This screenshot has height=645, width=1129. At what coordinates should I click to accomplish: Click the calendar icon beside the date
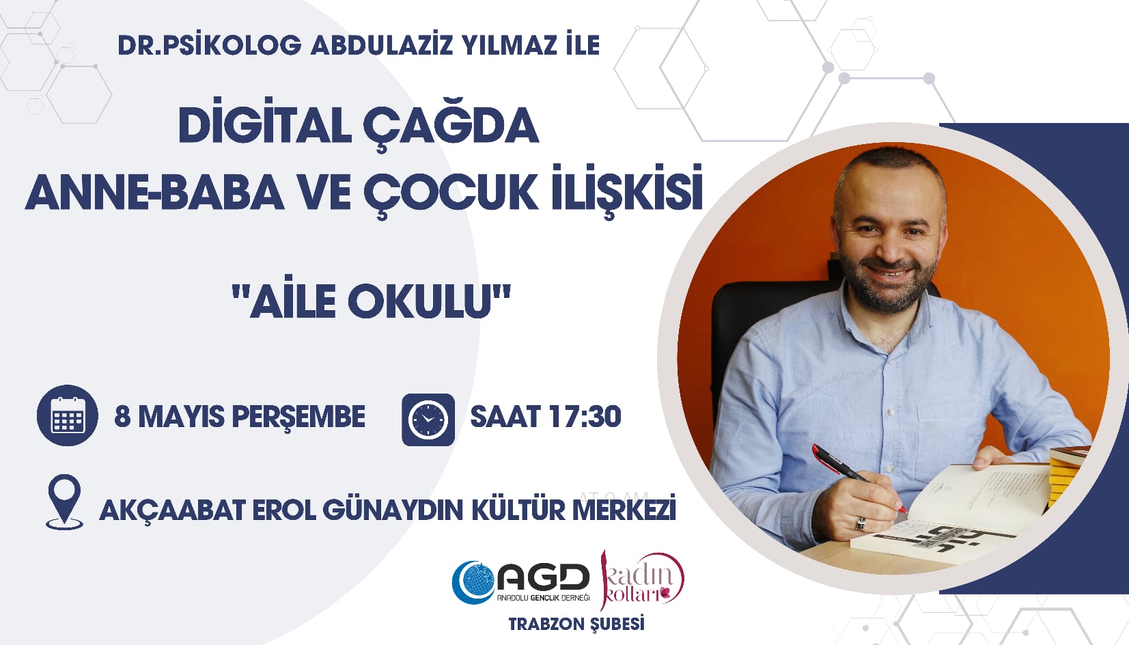pyautogui.click(x=67, y=415)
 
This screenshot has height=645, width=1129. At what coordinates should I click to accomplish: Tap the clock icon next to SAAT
pyautogui.click(x=428, y=420)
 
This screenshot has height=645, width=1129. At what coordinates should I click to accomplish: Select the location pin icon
pyautogui.click(x=64, y=502)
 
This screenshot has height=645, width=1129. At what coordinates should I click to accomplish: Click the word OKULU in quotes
pyautogui.click(x=419, y=301)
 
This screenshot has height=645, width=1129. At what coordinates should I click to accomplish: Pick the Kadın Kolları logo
pyautogui.click(x=641, y=580)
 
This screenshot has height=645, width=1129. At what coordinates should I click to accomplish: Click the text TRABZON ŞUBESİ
pyautogui.click(x=576, y=624)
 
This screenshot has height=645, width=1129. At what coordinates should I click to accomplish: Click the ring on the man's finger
pyautogui.click(x=861, y=523)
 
